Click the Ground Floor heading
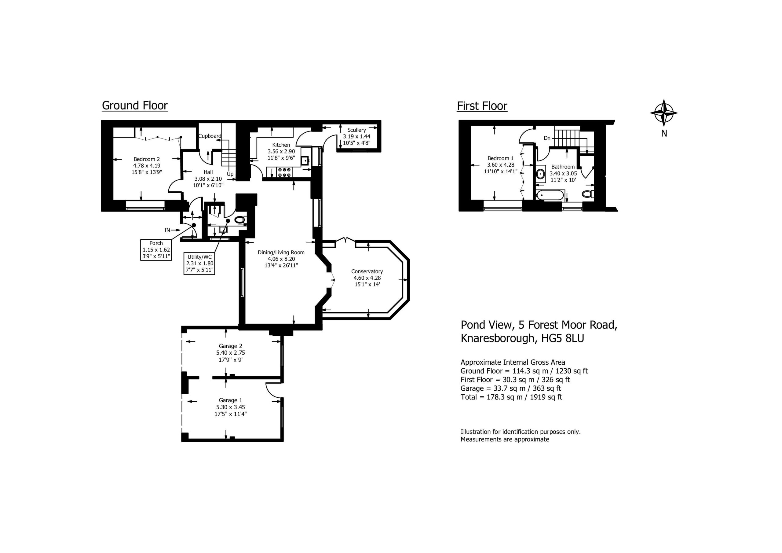tap(135, 106)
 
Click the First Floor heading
tap(482, 106)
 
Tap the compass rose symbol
tap(664, 112)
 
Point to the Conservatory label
tap(367, 271)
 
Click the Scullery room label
tap(356, 130)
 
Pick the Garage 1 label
tap(231, 400)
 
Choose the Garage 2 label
tap(231, 346)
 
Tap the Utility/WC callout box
tap(199, 264)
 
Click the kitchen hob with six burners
tap(284, 172)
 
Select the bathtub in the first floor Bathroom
tap(550, 195)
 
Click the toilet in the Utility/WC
tap(240, 219)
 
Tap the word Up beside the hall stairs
tap(230, 174)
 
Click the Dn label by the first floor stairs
tap(547, 138)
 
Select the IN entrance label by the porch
tap(167, 230)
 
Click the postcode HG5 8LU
tap(563, 338)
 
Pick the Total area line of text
tap(511, 397)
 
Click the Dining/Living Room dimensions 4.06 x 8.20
tap(281, 259)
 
